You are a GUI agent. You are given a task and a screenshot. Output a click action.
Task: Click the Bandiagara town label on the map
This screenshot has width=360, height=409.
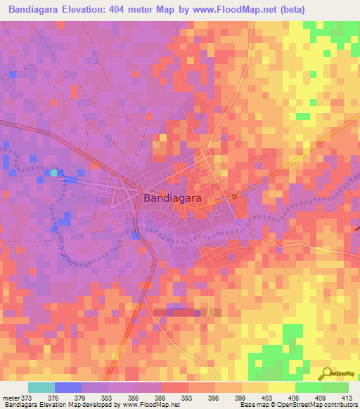(172, 199)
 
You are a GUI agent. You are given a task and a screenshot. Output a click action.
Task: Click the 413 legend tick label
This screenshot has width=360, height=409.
(347, 398)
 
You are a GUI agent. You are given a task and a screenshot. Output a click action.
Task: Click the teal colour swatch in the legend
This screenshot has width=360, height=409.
(41, 387)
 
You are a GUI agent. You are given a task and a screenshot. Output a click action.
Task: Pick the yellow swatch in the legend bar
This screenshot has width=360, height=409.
(281, 387)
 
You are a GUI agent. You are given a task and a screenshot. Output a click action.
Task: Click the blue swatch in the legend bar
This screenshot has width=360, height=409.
(67, 387)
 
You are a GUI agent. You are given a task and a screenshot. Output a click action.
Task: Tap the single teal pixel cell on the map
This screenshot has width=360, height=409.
(53, 173)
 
